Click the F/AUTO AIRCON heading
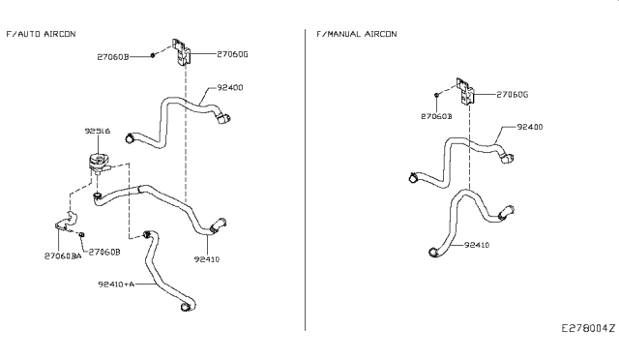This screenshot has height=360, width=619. (41, 34)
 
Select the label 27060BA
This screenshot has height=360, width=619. (62, 255)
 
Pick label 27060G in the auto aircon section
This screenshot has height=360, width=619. (232, 54)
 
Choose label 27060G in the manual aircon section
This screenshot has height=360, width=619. (512, 94)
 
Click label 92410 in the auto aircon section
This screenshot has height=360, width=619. (209, 258)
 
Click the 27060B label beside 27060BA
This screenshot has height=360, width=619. (104, 252)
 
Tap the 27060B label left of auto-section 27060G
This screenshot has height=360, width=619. (131, 57)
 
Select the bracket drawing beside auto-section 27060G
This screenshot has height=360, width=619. (182, 51)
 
